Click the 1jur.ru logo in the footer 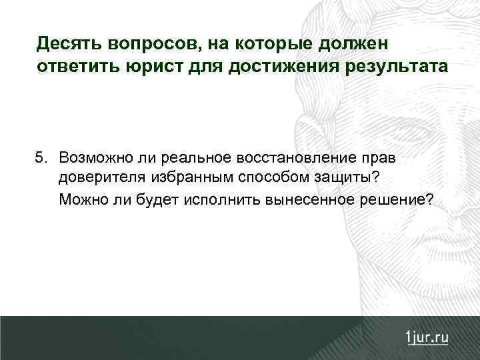coord(426,337)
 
